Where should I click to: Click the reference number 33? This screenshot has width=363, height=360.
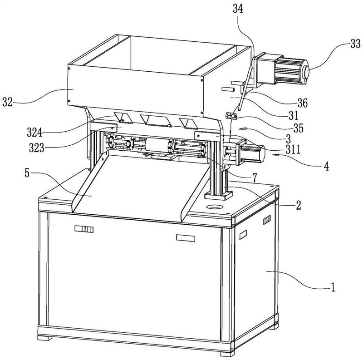[x=355, y=44]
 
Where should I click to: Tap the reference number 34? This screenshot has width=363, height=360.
[x=238, y=9]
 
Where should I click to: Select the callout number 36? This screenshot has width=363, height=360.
[x=302, y=103]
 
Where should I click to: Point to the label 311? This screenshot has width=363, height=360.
[x=293, y=149]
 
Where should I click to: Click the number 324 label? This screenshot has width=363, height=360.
[x=34, y=133]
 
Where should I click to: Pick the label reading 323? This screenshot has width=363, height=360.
[x=36, y=148]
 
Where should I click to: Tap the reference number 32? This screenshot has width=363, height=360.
[x=7, y=102]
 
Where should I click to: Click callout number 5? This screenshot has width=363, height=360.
[x=27, y=173]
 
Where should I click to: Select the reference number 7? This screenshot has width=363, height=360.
[x=255, y=178]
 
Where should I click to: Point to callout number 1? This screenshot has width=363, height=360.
[x=333, y=287]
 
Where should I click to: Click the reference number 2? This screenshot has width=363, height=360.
[x=299, y=205]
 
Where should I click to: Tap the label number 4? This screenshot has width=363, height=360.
[x=326, y=166]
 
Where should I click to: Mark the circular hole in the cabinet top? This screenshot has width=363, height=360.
[x=215, y=207]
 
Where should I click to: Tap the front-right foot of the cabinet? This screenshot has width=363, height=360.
[x=227, y=354]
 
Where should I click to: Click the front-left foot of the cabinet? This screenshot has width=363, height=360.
[x=44, y=338]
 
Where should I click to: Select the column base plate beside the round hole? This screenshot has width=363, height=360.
[x=218, y=196]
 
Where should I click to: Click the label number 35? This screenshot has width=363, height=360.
[x=298, y=128]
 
